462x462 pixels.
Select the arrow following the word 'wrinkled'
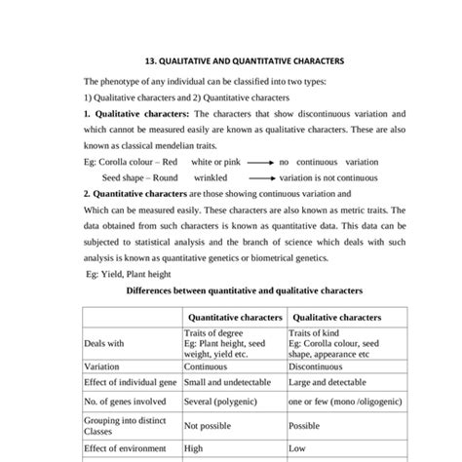click(259, 178)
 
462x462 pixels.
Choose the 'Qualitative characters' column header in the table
click(336, 317)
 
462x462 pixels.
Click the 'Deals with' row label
click(105, 343)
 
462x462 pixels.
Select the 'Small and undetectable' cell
click(226, 383)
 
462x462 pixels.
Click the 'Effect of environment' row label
click(127, 449)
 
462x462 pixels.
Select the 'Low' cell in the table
click(297, 449)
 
